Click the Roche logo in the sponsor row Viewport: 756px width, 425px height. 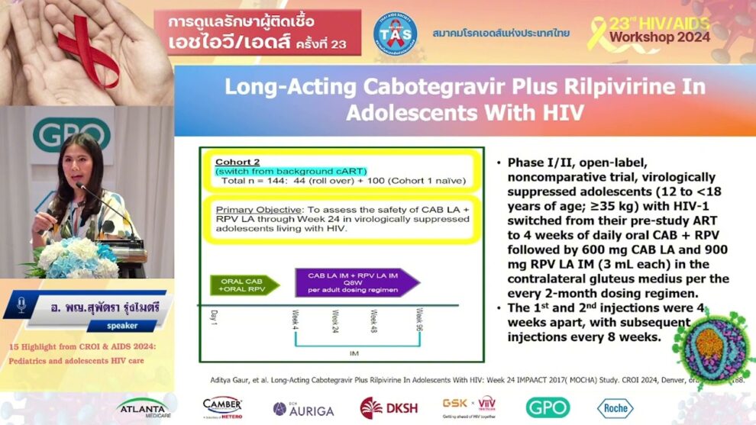(615, 408)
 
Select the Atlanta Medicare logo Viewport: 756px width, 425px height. (144, 408)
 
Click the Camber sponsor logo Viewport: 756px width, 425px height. (222, 407)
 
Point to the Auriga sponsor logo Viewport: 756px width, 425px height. (303, 409)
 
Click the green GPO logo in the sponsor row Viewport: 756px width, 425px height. (547, 407)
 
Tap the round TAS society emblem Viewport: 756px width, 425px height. (395, 34)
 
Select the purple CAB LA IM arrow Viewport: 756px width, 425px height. (357, 282)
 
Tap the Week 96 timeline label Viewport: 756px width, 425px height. (418, 319)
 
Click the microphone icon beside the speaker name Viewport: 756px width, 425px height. (21, 304)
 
